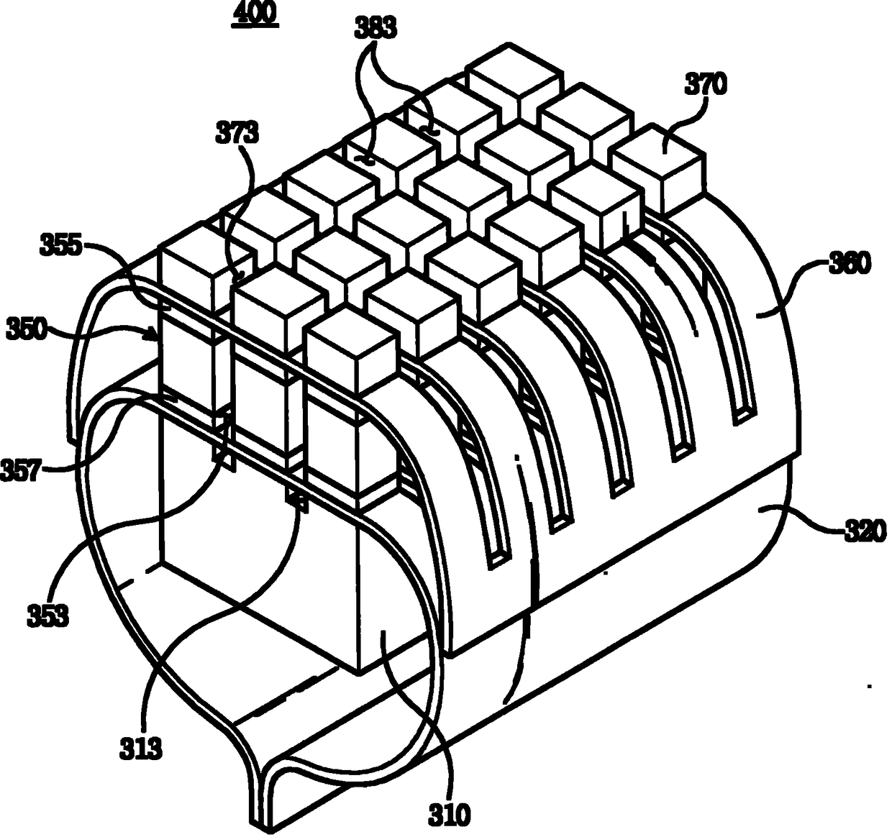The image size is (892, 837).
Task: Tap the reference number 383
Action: point(375,29)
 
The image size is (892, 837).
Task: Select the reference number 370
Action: point(706,85)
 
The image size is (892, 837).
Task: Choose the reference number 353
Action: point(47,616)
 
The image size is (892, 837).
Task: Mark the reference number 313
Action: point(141,749)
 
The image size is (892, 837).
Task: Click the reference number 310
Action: point(450,815)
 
